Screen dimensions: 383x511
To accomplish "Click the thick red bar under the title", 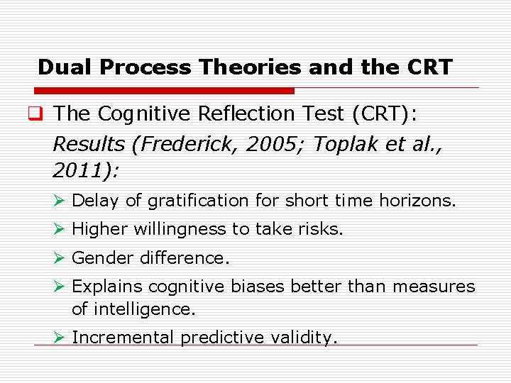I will [164, 91].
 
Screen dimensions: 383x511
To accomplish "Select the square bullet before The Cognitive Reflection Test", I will [42, 113].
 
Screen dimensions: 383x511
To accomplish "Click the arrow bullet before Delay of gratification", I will [60, 201].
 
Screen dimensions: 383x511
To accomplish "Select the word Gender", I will [103, 258].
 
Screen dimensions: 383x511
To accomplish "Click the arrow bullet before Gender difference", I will [60, 258].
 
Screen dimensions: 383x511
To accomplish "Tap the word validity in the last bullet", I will [304, 338].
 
